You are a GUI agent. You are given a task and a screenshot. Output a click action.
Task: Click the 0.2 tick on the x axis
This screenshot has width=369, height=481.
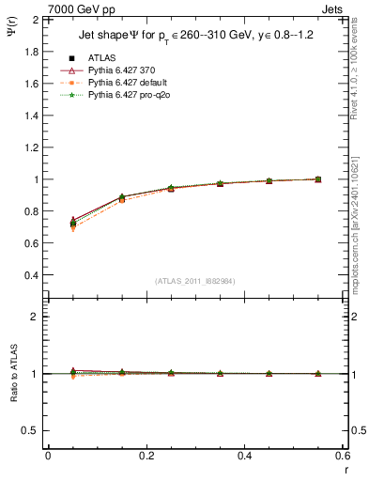click(146, 456)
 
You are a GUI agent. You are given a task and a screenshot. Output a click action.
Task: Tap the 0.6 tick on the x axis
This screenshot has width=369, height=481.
click(343, 456)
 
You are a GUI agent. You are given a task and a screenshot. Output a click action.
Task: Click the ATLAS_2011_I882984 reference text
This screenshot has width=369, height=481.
click(195, 280)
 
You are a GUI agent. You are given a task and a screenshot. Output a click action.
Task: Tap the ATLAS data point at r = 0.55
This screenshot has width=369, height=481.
click(318, 179)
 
